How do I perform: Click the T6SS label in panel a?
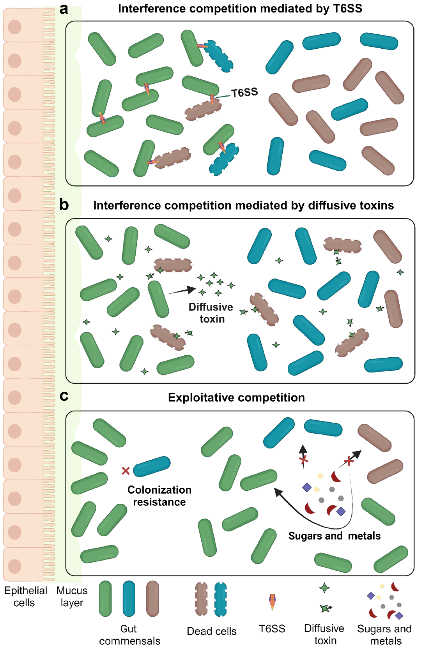point(244,93)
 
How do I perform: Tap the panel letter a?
point(64,9)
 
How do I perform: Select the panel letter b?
point(64,205)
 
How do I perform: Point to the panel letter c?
point(64,396)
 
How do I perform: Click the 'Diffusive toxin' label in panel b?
point(211,313)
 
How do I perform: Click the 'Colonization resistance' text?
point(159,496)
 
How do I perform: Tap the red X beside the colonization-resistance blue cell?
point(126,471)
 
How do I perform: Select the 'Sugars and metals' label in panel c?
point(334,536)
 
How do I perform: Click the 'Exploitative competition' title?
point(236,397)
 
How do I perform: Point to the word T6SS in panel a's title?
point(347,9)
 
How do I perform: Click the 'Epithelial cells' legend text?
point(25,596)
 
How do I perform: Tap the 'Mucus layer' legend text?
point(72,596)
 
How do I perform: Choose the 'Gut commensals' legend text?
point(129,635)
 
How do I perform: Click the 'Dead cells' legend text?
point(212,631)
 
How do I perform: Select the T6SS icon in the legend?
point(272,602)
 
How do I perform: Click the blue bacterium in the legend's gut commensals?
point(129,599)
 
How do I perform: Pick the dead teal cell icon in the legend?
point(220,599)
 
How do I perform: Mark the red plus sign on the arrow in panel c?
point(349,461)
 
